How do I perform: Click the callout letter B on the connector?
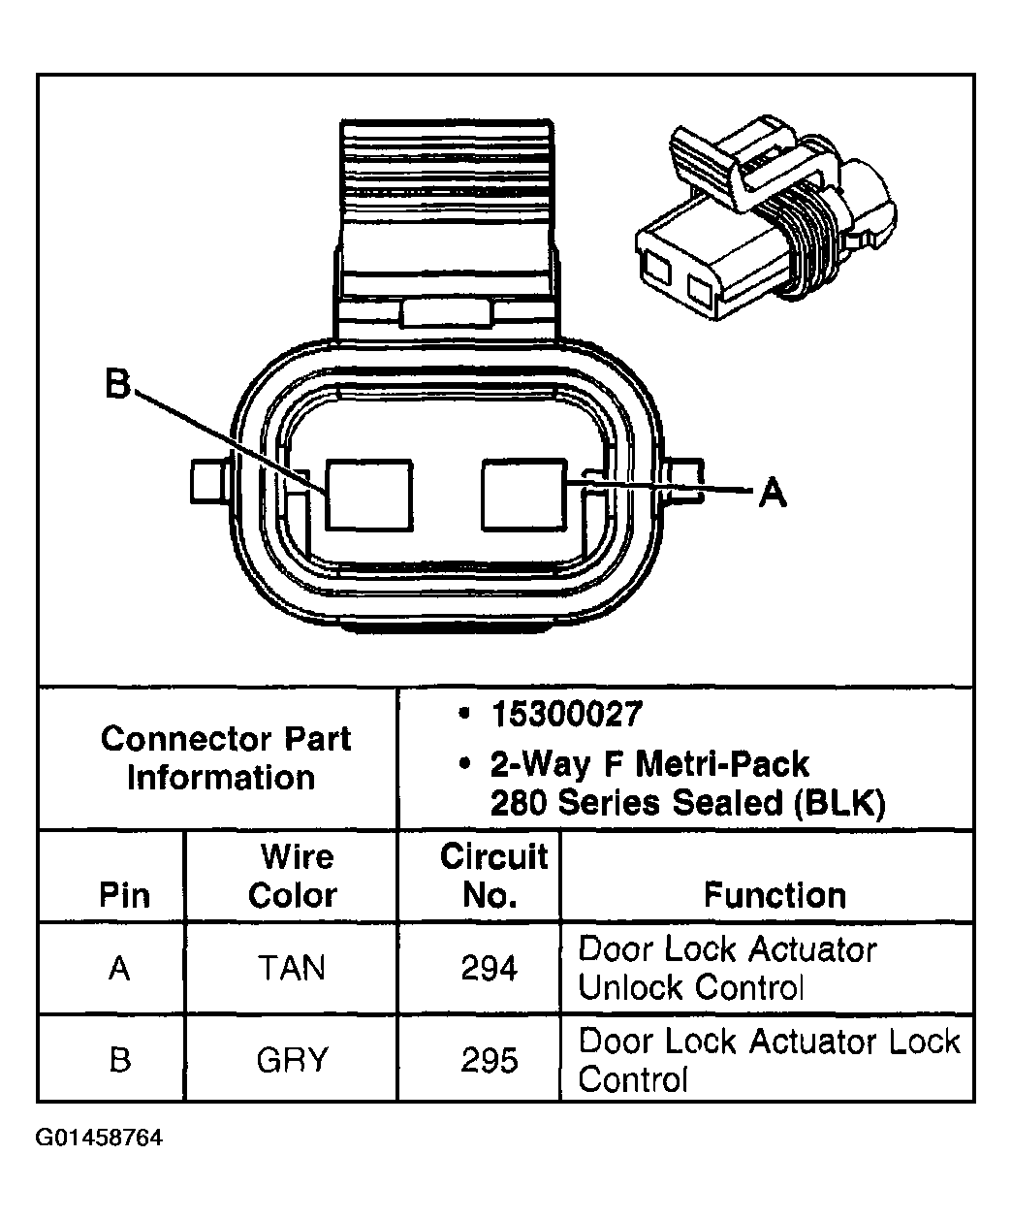tap(117, 386)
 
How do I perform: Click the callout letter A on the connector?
tap(772, 493)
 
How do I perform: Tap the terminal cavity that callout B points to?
tap(368, 496)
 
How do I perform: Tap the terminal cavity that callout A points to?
tap(523, 496)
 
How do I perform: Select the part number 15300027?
tap(566, 715)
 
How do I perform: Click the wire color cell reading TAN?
tap(292, 968)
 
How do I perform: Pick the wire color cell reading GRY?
tap(292, 1059)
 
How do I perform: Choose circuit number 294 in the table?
tap(490, 968)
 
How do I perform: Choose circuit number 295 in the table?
tap(490, 1059)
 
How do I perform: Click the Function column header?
tap(775, 894)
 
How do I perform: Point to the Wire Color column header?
tap(292, 876)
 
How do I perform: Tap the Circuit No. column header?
tap(492, 876)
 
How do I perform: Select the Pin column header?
tap(124, 894)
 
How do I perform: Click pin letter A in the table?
tap(119, 968)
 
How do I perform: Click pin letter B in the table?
tap(119, 1059)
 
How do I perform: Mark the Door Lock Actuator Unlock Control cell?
tap(727, 968)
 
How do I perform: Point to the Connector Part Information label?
tap(225, 757)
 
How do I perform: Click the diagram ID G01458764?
tap(100, 1137)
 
